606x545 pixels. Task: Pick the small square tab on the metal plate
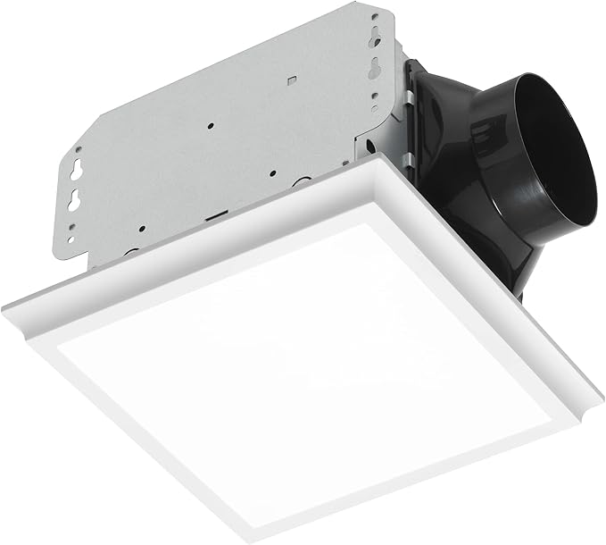coord(292,80)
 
